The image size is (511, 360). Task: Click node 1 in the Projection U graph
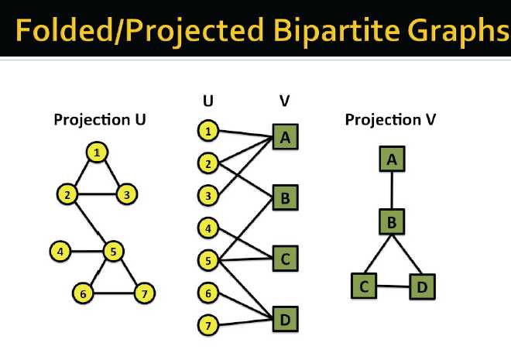(97, 153)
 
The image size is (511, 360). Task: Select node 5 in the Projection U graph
(113, 251)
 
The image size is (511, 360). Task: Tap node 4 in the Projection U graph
(60, 251)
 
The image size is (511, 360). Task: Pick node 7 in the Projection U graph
(144, 293)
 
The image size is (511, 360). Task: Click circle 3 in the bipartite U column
(208, 195)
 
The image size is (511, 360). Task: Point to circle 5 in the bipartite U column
(208, 260)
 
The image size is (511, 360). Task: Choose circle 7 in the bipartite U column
(208, 325)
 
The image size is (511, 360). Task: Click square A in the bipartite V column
(285, 137)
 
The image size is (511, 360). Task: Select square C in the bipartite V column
(285, 259)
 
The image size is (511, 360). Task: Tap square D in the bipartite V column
(285, 319)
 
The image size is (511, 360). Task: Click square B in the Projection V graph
(392, 222)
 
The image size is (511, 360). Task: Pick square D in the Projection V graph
(422, 286)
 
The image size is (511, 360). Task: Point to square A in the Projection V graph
(392, 159)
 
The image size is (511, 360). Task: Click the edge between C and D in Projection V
(393, 286)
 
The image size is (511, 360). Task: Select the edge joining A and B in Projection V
(392, 190)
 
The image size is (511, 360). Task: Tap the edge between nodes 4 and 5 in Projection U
(87, 251)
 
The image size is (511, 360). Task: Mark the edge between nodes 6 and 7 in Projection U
(114, 293)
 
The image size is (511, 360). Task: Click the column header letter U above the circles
(208, 101)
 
